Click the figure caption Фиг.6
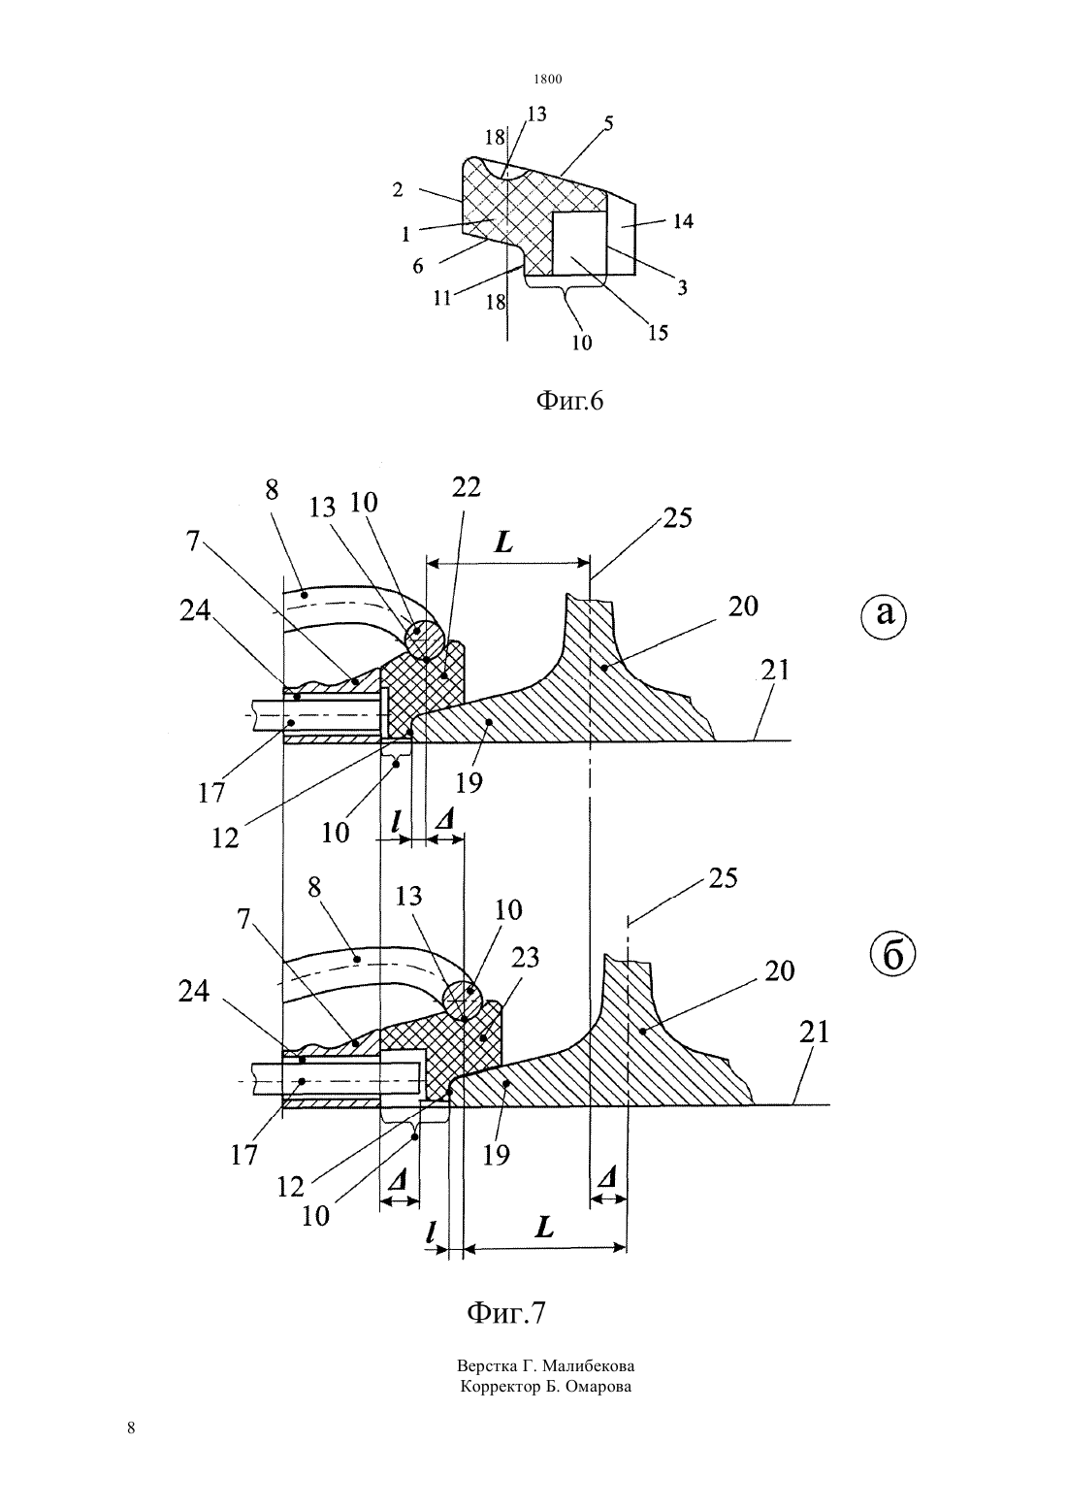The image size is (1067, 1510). pos(569,401)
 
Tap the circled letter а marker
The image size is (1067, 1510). pos(885,614)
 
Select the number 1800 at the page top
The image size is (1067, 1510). pos(548,79)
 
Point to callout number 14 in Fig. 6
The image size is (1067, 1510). pos(683,221)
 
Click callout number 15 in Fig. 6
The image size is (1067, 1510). pos(658,332)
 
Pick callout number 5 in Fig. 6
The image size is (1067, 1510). pos(608,124)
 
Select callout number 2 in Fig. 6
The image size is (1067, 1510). pos(398,190)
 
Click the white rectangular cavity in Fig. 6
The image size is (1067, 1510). pos(579,243)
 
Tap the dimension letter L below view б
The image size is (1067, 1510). pos(544,1230)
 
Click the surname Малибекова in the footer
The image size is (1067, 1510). pos(588,1365)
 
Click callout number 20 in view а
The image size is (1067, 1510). pos(743,607)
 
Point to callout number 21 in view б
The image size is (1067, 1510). pos(814,1033)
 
